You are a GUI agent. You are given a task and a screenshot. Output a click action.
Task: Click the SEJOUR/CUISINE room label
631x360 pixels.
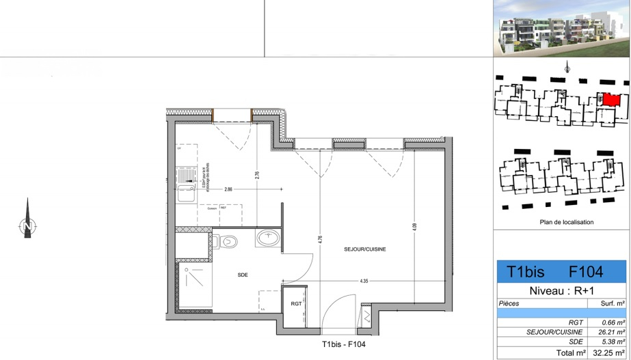[x=365, y=250]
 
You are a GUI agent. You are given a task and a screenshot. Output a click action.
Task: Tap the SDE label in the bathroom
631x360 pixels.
[x=243, y=275]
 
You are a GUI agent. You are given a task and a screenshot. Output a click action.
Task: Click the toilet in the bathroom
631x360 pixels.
[x=228, y=240]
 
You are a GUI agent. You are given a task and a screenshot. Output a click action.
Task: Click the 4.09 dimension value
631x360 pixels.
[x=414, y=229]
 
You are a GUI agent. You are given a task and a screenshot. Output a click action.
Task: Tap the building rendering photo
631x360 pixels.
[x=560, y=29]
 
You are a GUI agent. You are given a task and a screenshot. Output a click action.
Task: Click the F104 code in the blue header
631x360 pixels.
[x=587, y=272]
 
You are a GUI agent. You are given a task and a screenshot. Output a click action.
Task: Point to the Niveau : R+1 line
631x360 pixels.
[x=561, y=290]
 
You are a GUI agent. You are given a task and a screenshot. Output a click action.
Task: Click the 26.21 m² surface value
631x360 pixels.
[x=612, y=332]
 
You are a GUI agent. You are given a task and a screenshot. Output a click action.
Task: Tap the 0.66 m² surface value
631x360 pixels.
[x=613, y=322]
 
